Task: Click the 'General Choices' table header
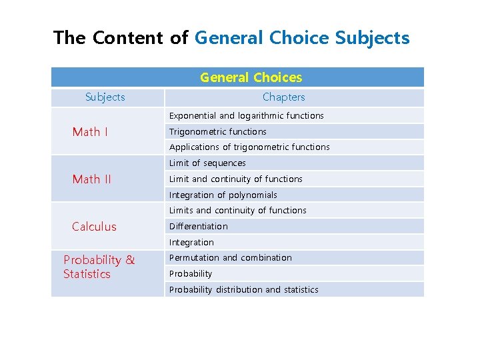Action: (x=251, y=77)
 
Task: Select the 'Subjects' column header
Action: (x=105, y=97)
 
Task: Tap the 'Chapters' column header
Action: (x=283, y=97)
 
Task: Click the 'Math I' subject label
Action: (x=90, y=132)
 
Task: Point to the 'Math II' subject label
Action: (x=91, y=179)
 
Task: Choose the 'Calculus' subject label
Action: (x=94, y=227)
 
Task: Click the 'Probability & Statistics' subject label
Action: (x=99, y=267)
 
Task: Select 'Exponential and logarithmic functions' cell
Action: (x=246, y=116)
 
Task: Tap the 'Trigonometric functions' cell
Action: (x=217, y=132)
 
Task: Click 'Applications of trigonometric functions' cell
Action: (x=249, y=147)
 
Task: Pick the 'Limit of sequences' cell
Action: (x=207, y=163)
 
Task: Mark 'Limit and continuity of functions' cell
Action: (x=235, y=179)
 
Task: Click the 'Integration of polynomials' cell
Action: (x=223, y=195)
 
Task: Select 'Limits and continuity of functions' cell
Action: (x=237, y=211)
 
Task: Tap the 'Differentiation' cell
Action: (x=198, y=227)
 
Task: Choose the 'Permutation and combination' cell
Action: (x=230, y=258)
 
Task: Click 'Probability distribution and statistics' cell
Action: (x=243, y=290)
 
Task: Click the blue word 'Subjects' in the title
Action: (x=372, y=38)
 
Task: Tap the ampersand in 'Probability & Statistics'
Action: (x=130, y=260)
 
